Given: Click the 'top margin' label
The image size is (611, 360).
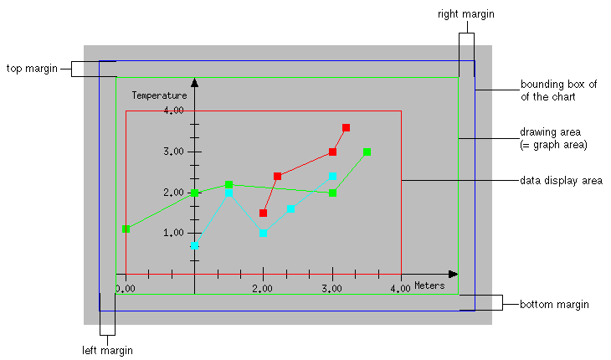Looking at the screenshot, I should (33, 68).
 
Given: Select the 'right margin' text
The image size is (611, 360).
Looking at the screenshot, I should (466, 14).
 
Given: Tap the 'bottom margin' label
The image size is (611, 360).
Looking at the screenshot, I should (554, 304).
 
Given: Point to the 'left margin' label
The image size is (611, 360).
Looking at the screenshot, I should (105, 350).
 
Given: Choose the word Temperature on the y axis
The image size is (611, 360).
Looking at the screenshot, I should (159, 95).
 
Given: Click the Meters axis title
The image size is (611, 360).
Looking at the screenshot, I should (429, 285).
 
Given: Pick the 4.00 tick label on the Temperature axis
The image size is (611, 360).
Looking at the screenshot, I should (173, 111).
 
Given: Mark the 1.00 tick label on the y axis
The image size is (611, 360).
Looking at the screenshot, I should (173, 234).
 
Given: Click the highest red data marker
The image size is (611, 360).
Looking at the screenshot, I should (346, 127).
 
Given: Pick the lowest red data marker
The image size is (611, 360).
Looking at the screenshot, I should (263, 213).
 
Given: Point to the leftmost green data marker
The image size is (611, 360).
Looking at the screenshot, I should (126, 229).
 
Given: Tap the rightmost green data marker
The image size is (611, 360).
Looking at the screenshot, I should (367, 152).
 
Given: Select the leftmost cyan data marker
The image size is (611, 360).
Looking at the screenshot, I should (194, 246).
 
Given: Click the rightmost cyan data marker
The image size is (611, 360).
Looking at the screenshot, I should (332, 176).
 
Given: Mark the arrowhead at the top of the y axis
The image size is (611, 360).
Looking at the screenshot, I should (194, 82).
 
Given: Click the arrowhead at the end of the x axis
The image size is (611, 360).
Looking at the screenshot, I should (453, 274).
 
